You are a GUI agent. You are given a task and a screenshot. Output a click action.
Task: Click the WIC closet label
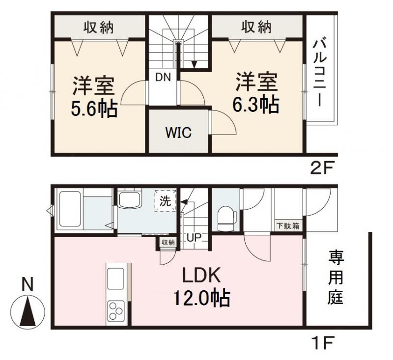point(178,133)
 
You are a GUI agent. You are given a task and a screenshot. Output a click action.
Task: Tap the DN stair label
point(163,77)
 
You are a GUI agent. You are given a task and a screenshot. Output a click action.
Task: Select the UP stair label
point(194,238)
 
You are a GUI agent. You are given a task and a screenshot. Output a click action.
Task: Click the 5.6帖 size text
point(94,108)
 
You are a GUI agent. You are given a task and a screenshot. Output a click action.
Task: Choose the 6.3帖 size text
point(256,104)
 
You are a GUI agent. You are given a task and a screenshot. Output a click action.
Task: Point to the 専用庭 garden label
point(336,277)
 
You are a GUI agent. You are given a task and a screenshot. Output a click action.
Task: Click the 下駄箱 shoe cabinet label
point(287,226)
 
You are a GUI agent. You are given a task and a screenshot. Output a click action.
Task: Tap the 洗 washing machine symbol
point(166,200)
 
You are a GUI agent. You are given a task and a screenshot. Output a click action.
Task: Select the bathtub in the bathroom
point(70,209)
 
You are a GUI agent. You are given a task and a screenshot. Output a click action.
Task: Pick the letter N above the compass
point(28,283)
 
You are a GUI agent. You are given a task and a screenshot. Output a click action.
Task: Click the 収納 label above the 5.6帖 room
point(98,27)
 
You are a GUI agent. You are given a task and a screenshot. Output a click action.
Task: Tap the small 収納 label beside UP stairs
point(168,242)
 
